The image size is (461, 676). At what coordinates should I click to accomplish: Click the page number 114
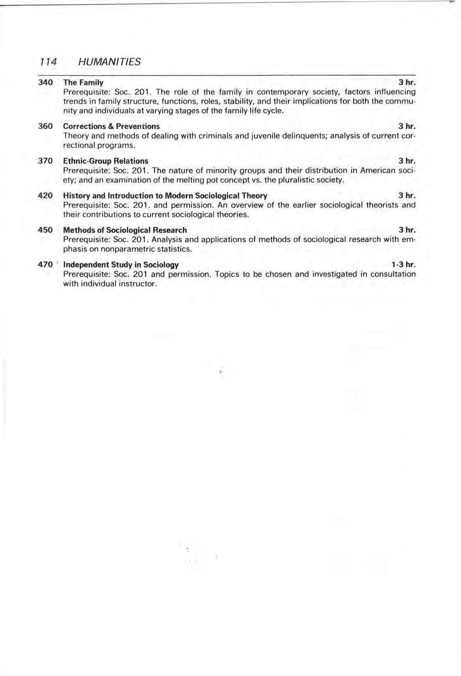pos(46,62)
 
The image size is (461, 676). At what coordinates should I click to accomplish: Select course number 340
pos(45,82)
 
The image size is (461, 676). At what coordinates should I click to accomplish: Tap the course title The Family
pos(83,82)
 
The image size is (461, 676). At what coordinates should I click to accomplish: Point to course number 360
pos(45,126)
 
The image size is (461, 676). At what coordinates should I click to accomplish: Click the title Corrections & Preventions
pos(111,126)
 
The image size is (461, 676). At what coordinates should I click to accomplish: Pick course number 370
pos(45,161)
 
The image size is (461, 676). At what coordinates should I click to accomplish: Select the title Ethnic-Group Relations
pos(106,161)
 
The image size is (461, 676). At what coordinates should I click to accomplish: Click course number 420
pos(45,195)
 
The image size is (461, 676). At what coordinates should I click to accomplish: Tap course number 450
pos(45,230)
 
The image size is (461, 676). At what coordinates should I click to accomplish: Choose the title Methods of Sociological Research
pos(125,230)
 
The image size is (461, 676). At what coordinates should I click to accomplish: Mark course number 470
pos(45,264)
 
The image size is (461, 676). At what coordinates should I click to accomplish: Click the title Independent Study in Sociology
pos(121,264)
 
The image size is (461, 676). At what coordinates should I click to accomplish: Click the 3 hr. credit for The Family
pos(407,82)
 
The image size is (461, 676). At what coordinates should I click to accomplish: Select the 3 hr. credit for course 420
pos(407,195)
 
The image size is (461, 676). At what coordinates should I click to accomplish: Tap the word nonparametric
pos(129,249)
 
